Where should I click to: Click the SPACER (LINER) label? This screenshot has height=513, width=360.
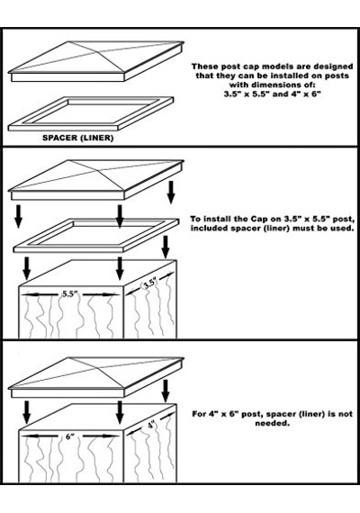[78, 138]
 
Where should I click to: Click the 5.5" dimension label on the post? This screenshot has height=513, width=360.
[70, 293]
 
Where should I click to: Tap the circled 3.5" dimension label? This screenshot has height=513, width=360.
[150, 283]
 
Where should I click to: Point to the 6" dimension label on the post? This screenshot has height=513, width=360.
[70, 436]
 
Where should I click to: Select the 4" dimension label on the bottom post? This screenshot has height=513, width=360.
[151, 425]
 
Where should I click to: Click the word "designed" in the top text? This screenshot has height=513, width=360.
[333, 67]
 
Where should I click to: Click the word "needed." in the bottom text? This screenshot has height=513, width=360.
[273, 423]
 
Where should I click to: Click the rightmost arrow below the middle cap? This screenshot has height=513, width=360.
[170, 193]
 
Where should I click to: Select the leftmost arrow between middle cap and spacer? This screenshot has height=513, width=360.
[19, 216]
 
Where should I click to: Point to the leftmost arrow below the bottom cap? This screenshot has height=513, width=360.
[26, 412]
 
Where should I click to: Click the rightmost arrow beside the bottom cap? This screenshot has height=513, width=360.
[166, 391]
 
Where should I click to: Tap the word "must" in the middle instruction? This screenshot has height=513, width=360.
[302, 228]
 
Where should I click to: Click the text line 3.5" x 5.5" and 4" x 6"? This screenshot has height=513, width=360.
[273, 94]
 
